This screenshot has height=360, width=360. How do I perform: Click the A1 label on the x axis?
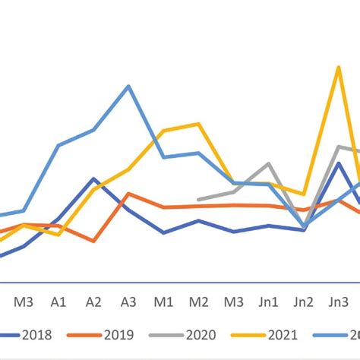(x=58, y=302)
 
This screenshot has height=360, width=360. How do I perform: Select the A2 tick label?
(x=93, y=302)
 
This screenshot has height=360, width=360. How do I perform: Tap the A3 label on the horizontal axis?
(x=128, y=302)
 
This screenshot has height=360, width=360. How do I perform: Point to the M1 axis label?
(x=163, y=302)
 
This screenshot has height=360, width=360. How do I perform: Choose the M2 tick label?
(x=198, y=302)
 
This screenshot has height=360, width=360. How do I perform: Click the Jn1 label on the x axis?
(x=268, y=302)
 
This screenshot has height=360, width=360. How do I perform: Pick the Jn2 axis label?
(x=303, y=302)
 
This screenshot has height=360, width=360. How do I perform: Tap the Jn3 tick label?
(x=338, y=302)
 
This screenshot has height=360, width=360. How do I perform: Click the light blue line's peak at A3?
(x=128, y=86)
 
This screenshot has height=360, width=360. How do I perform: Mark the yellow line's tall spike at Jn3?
(x=338, y=68)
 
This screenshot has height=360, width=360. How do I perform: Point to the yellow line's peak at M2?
(x=198, y=124)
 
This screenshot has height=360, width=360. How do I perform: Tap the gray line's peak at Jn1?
(x=268, y=163)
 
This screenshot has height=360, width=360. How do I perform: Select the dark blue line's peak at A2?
(x=93, y=179)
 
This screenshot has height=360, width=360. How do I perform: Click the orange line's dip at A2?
(x=93, y=241)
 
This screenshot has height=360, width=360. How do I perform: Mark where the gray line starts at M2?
(x=198, y=200)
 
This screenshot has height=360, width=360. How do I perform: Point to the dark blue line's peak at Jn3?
(x=338, y=163)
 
